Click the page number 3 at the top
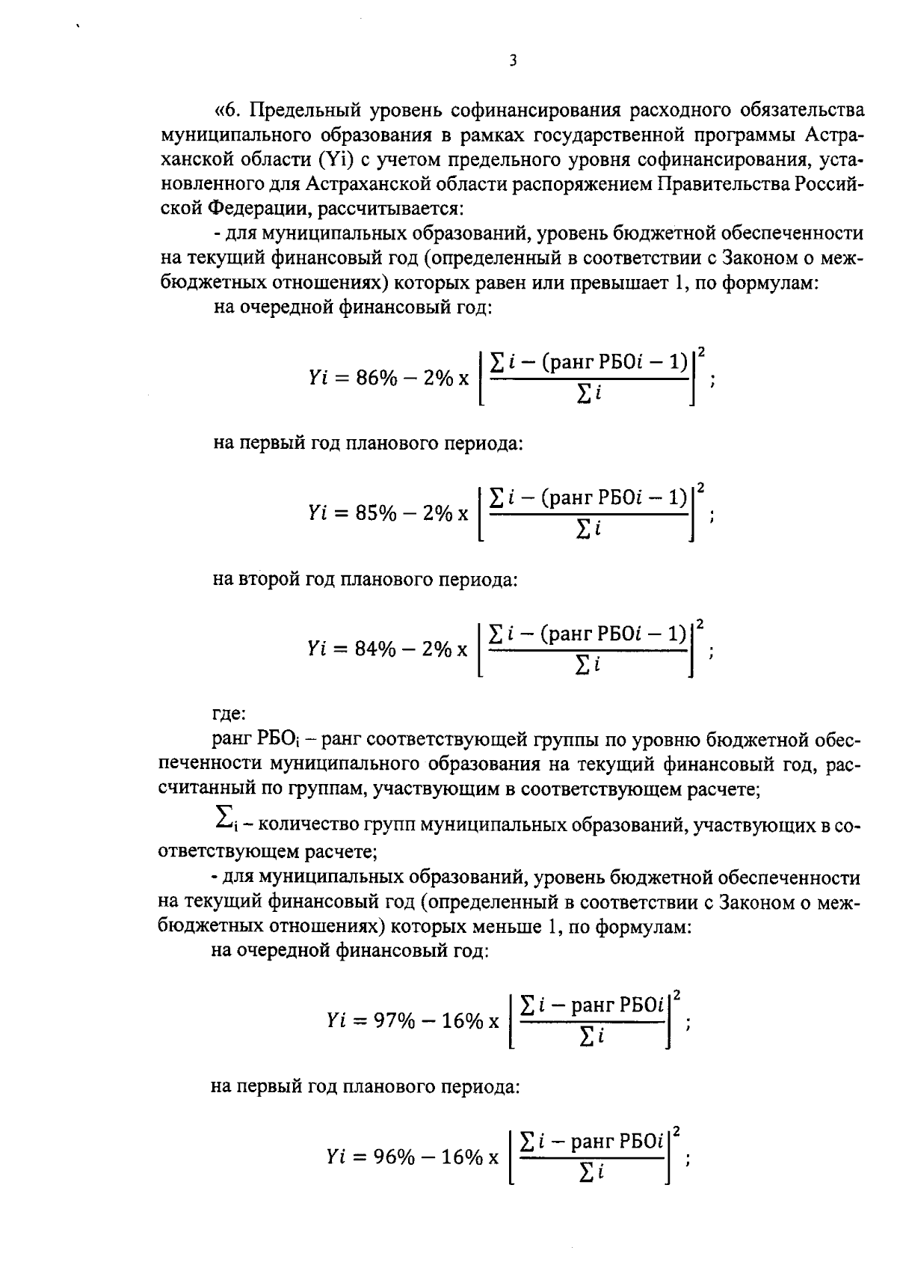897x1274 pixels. tap(512, 61)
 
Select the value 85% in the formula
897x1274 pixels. tap(375, 514)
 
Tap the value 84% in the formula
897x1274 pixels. tap(374, 649)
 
